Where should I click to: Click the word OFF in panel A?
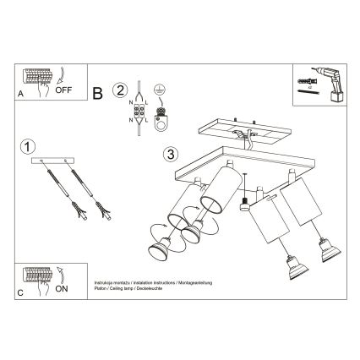(64, 87)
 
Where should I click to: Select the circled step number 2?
(121, 90)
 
